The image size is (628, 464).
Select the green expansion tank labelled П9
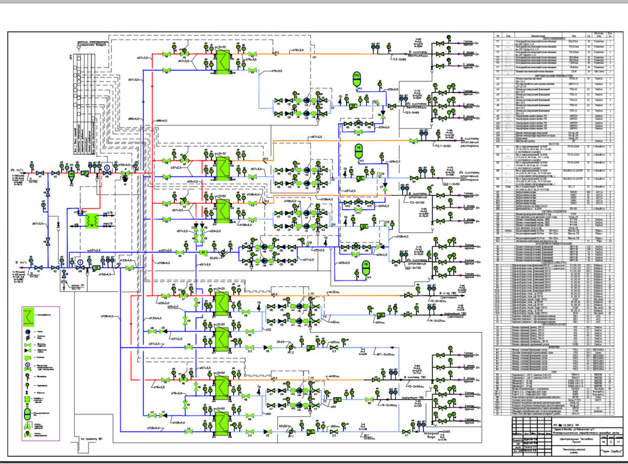[x=359, y=151]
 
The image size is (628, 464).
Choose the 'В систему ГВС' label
[x=419, y=377]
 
